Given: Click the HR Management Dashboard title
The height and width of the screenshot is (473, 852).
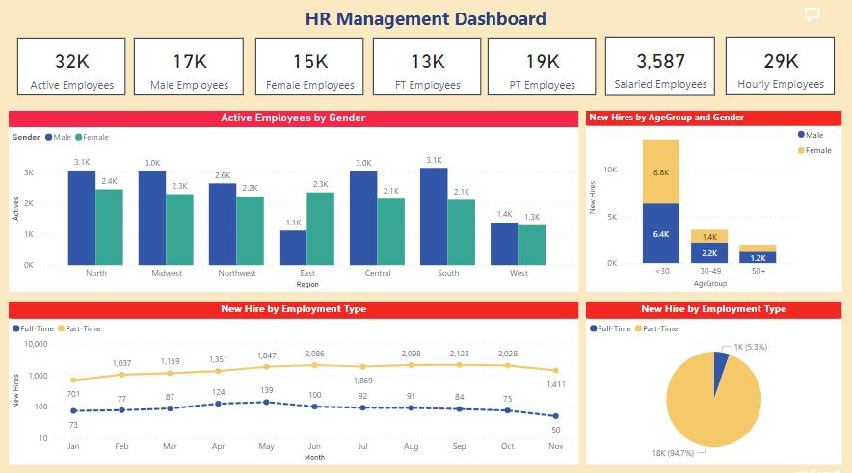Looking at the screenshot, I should point(425,18).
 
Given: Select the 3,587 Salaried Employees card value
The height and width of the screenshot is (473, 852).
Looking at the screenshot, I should point(660,62).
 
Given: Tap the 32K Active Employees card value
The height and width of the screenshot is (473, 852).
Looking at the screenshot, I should point(71,62).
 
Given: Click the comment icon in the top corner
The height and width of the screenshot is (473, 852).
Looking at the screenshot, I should point(812,14).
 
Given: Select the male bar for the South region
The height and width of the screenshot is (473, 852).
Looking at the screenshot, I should point(434,217).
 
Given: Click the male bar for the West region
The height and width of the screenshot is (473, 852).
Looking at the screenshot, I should point(504,244).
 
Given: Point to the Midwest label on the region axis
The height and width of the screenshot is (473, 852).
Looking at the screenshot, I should point(167,273).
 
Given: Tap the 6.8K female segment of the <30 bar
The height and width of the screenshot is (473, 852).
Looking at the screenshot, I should point(661,171).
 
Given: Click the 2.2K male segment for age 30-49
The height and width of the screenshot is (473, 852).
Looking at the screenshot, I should point(708,252).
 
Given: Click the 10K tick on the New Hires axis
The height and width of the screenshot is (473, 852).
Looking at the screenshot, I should point(610,170).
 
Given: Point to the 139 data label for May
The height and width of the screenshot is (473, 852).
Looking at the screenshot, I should point(268,389).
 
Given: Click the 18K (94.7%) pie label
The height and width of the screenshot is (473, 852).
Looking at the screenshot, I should point(679,451).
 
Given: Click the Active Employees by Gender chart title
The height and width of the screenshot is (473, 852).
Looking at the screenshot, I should point(293,118).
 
